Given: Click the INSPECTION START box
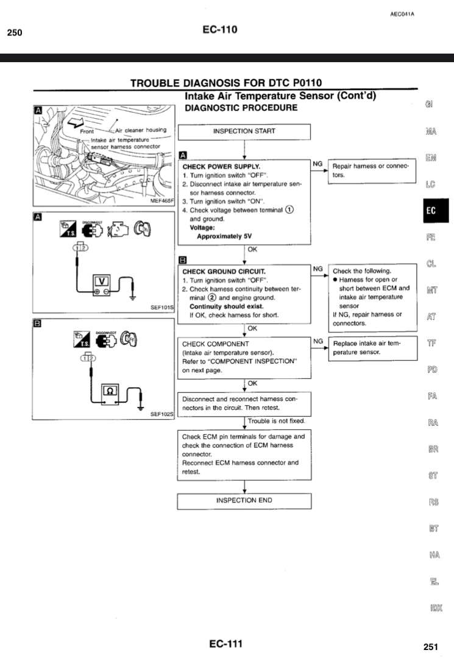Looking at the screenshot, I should coord(244,131).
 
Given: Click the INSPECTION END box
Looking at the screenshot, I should coord(244,501).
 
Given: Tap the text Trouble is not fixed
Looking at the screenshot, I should coord(276,421).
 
